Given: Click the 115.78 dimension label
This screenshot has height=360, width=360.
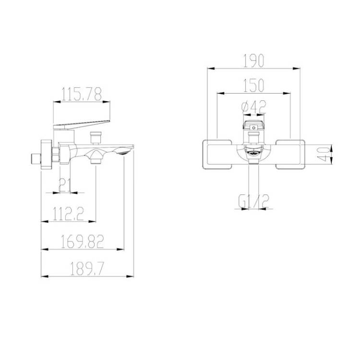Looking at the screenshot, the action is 82,94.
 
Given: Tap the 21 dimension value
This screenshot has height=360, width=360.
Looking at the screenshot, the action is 65,185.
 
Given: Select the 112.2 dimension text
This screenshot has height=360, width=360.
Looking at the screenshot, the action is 69,214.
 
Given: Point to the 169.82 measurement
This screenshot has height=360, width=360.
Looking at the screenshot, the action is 83,241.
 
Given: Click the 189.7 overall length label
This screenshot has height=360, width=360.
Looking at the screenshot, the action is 87,269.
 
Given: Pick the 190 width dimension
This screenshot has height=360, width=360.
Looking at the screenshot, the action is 253,61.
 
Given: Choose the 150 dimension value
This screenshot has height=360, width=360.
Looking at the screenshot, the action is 253,85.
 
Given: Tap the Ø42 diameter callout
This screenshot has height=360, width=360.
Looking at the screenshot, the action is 254,107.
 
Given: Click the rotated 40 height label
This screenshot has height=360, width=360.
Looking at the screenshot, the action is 324,154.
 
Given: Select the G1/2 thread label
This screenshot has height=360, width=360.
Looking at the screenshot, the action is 253,201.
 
